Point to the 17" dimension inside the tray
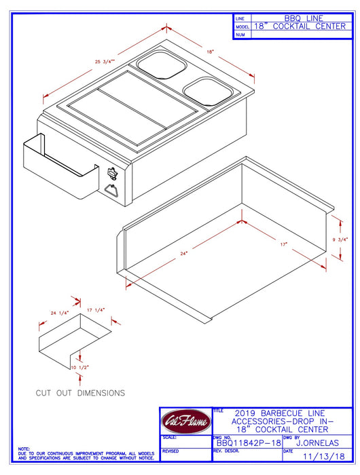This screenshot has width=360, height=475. point(282,244)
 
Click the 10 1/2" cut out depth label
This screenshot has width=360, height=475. point(79,367)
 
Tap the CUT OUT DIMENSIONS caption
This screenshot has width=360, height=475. point(80,393)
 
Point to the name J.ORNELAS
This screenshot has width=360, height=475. point(318,442)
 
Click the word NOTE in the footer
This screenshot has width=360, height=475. point(24,449)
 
